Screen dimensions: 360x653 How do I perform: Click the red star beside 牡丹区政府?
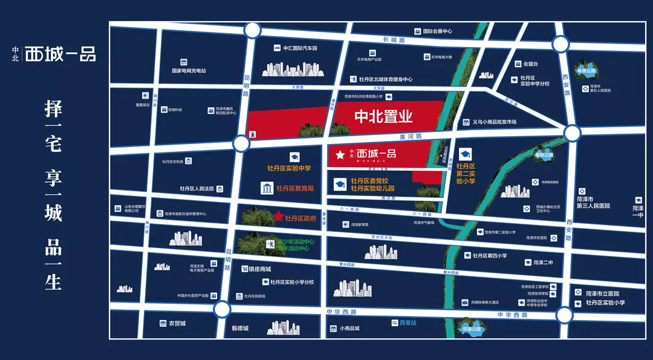coord(279,215)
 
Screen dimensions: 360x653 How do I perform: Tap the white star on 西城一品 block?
coord(340,154)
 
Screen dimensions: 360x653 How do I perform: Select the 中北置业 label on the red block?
coord(383,116)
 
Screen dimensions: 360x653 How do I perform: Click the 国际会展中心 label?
coord(437,31)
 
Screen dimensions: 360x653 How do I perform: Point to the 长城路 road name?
coord(393,40)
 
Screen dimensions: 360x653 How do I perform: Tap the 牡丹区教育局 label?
coord(295,189)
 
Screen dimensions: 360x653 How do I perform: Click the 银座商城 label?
coord(259,269)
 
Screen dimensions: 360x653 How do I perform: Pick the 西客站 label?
coord(408,323)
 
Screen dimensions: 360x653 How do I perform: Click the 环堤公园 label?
coord(471,330)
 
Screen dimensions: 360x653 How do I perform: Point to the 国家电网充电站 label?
coord(189,71)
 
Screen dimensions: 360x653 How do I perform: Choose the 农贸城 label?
coord(177,324)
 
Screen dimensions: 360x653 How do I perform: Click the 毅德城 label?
coord(240,329)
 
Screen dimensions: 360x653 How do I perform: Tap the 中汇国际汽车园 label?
coord(300,48)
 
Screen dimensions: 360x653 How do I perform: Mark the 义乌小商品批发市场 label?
coord(494,122)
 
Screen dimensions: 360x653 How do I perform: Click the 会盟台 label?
coord(530,64)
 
